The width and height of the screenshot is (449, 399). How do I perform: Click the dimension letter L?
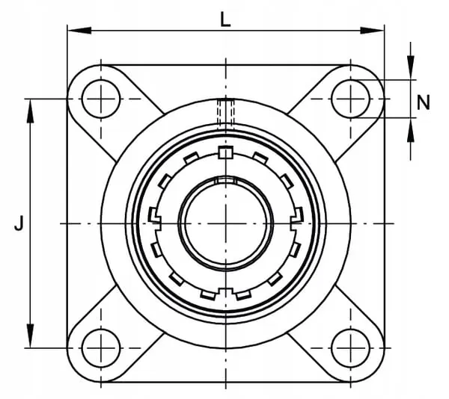coord(225,20)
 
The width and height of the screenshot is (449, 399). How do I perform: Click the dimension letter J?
coord(19,223)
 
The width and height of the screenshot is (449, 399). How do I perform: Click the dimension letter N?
coord(424,102)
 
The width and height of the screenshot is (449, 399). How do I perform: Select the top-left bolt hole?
coord(101,99)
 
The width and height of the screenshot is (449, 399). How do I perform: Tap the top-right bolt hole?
coord(350,99)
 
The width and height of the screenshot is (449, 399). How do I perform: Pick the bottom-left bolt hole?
coord(101,348)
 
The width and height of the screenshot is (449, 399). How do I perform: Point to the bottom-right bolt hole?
coord(350,348)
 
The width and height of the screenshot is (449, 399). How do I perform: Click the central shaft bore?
coord(226,223)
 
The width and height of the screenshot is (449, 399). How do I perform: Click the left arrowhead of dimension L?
coord(79,31)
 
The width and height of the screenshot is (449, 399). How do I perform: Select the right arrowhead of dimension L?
coord(372,31)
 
